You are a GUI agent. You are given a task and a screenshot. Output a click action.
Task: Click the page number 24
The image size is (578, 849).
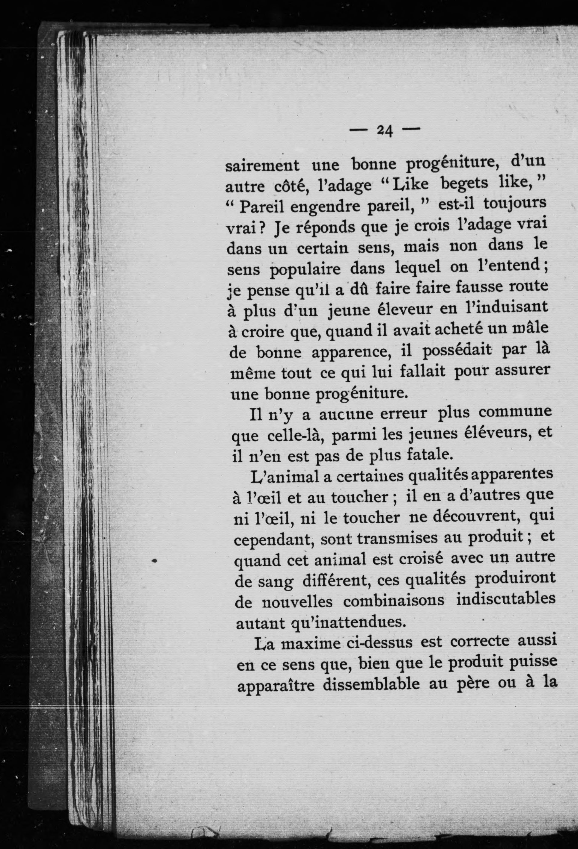[384, 130]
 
